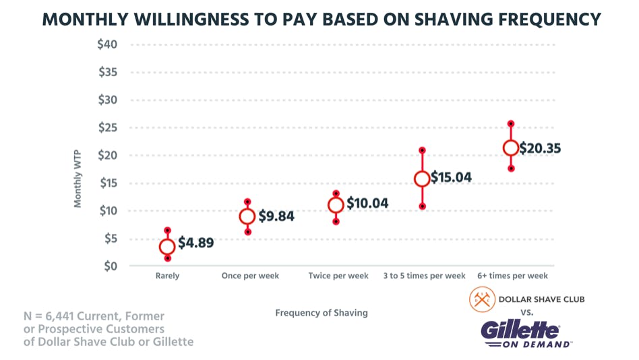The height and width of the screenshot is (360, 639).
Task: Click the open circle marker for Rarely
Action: (x=167, y=247)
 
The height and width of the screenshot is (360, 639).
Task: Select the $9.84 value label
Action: (x=276, y=216)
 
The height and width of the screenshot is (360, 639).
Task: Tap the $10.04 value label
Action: (x=367, y=204)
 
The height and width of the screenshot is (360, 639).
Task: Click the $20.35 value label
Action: (x=540, y=148)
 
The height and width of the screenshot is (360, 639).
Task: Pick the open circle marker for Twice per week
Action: (x=336, y=205)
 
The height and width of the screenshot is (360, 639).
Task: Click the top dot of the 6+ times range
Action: (x=511, y=124)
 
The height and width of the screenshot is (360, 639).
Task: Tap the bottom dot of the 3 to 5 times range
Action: (x=423, y=206)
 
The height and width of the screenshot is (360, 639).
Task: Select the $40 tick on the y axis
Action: (x=107, y=44)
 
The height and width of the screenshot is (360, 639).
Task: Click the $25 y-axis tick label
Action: (x=107, y=127)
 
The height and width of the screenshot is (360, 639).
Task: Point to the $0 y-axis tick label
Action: (x=109, y=266)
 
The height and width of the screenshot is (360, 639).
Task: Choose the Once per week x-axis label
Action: (x=250, y=276)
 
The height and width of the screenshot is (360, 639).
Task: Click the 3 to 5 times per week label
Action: (x=425, y=276)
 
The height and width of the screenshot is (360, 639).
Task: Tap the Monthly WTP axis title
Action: (x=78, y=178)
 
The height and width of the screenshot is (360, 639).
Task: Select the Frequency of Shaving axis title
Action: (x=322, y=313)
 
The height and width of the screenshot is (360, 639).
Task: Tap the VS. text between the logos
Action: (x=527, y=312)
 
